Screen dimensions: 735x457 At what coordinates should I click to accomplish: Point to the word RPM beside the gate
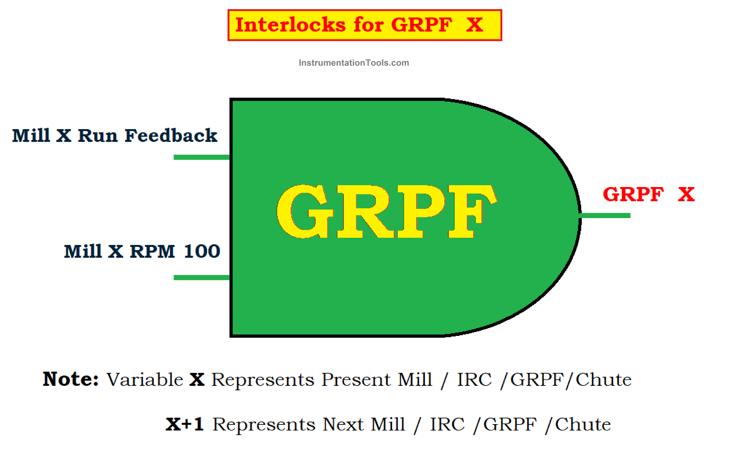click(x=152, y=251)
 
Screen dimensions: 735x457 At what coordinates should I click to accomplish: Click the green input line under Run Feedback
click(x=202, y=157)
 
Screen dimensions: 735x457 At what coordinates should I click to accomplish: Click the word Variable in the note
click(x=145, y=380)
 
